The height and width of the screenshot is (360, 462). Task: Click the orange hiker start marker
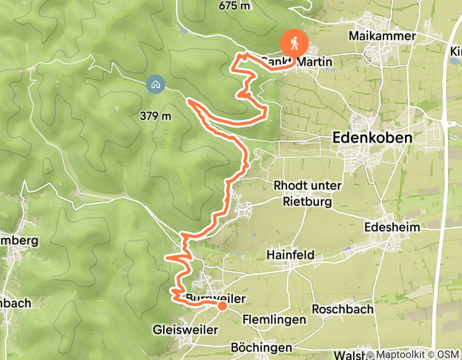pos(295,43)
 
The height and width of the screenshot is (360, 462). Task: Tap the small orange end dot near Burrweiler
pos(222,306)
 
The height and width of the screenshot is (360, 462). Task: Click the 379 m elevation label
pos(155,116)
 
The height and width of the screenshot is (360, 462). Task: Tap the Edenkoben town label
pos(372,138)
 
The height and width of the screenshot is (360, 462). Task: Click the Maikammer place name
pos(382,36)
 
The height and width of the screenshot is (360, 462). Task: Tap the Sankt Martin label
pos(297,62)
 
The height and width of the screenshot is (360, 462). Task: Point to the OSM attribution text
pos(448,355)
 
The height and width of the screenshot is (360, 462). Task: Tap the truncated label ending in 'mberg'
pos(20,241)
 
